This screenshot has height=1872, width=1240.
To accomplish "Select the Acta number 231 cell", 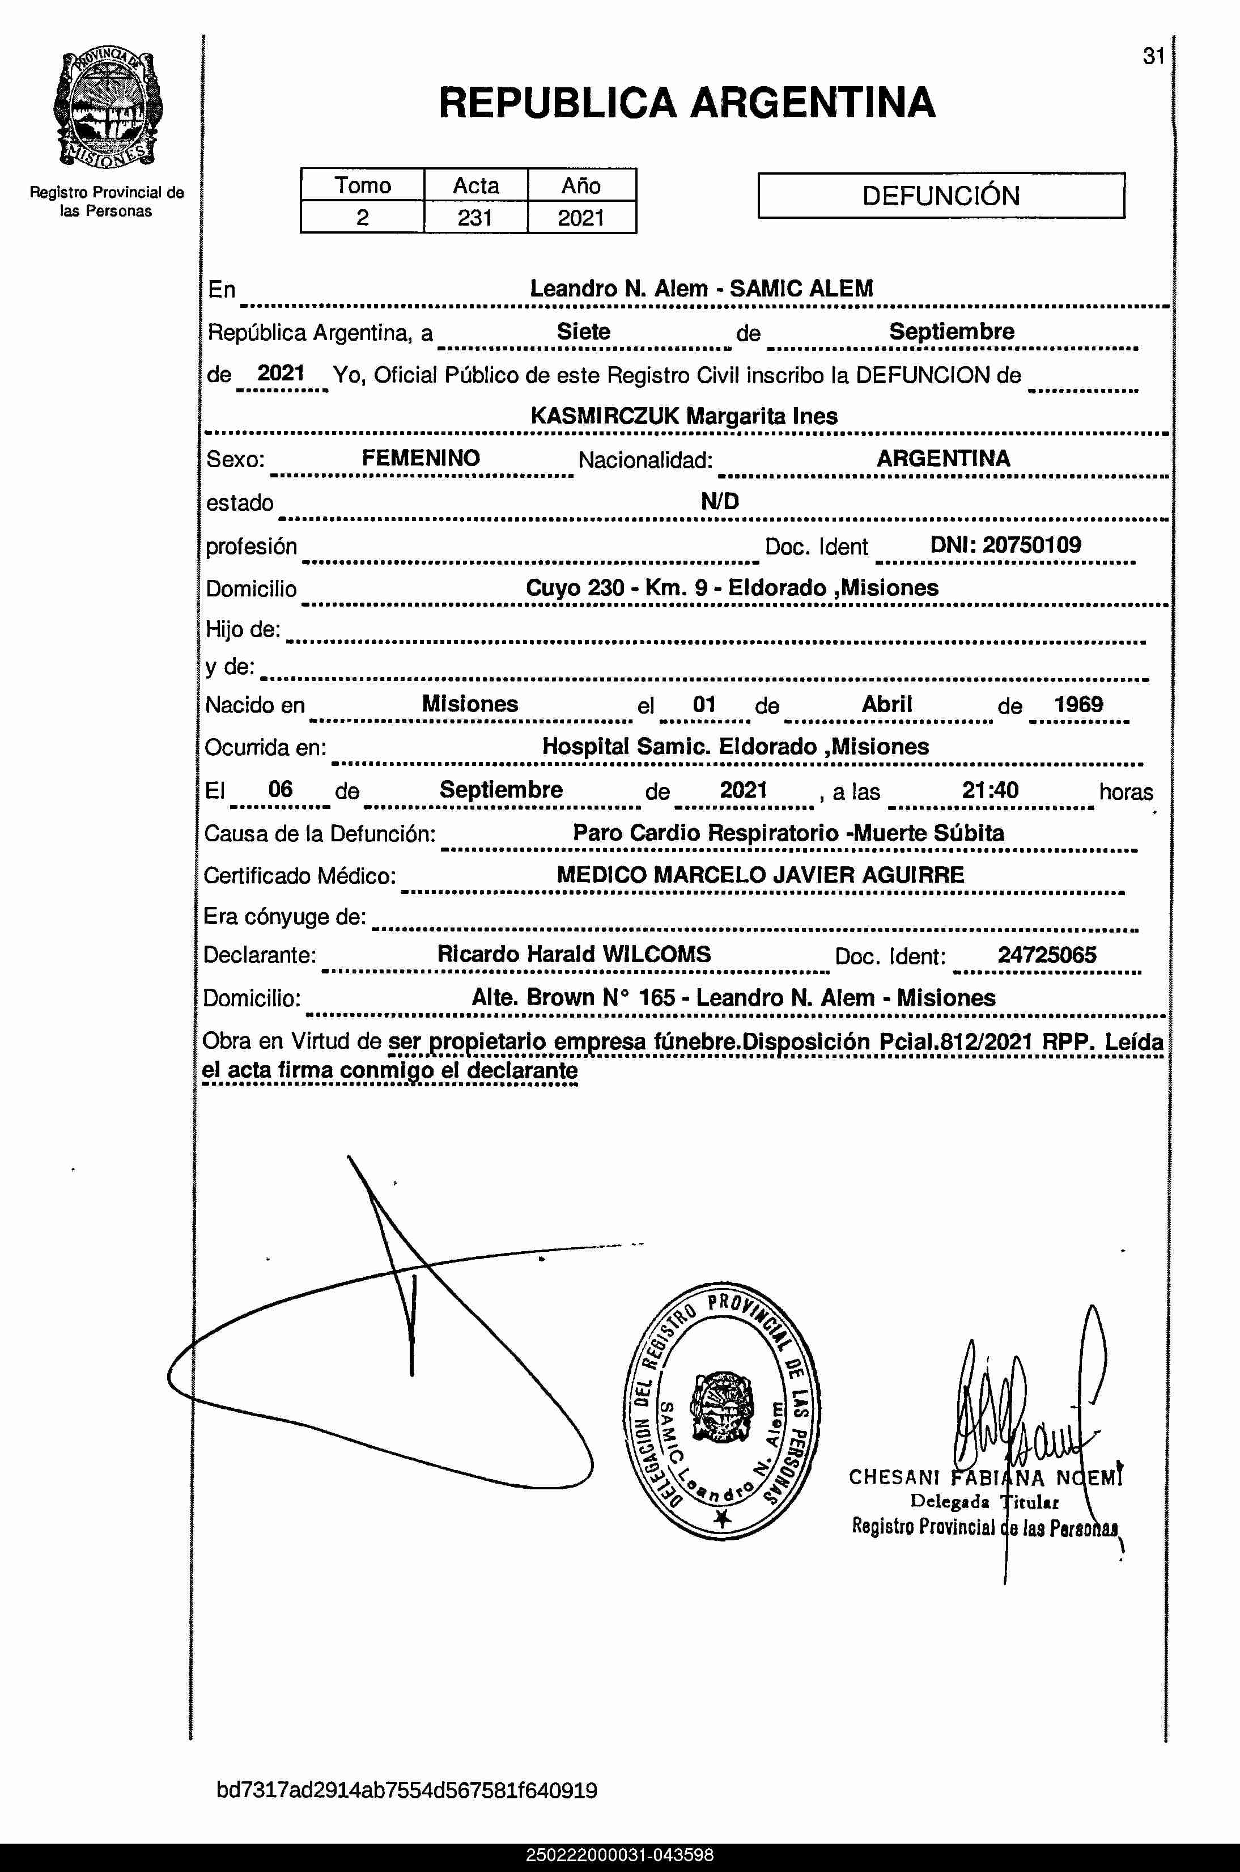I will pos(475,218).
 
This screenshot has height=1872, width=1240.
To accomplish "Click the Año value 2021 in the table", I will pos(581,218).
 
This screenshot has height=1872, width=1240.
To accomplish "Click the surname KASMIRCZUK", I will pos(604,416).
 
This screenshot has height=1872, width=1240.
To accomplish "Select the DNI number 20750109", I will pos(1031,545).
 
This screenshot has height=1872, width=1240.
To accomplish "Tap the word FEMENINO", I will pos(421,458).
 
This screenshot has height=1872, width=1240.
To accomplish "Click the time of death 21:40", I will pos(990,790).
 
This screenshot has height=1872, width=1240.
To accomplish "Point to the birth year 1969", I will pos(1078,705).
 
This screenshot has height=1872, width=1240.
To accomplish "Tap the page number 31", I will pos(1153,56).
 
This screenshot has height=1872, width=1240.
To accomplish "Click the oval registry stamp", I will pos(722,1411).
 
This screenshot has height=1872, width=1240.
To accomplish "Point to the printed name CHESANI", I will pos(894,1477).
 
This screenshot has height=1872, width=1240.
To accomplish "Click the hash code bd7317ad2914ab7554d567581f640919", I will pos(406,1790).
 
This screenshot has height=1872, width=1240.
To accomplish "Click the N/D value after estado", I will pos(720,501).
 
